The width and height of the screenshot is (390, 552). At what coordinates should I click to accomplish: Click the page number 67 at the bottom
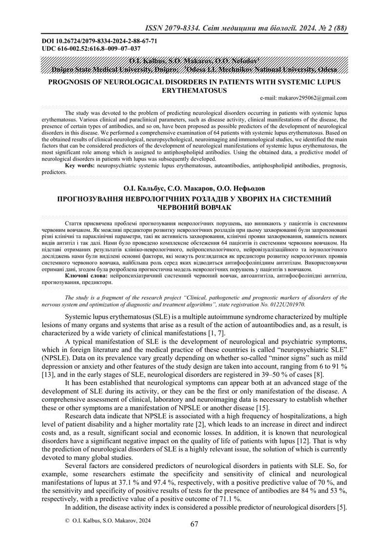195,524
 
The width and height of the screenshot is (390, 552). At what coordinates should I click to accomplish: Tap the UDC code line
92,48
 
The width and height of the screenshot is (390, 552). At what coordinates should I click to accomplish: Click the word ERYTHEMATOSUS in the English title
194,90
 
